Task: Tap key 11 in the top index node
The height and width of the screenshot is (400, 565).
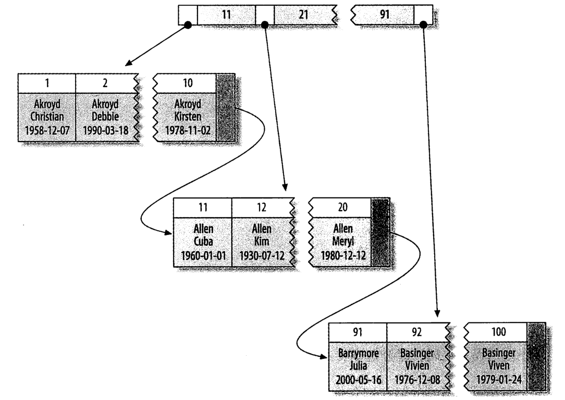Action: point(226,15)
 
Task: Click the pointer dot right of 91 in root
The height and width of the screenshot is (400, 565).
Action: point(423,24)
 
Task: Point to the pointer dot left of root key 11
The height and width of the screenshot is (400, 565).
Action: point(188,24)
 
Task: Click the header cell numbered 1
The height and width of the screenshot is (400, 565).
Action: point(47,83)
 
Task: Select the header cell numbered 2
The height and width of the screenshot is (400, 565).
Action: point(105,83)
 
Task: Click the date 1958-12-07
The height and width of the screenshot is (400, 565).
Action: point(47,129)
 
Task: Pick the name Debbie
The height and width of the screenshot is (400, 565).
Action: point(105,116)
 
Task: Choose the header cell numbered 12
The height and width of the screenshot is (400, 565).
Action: point(261,207)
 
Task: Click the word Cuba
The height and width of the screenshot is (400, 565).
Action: point(203,241)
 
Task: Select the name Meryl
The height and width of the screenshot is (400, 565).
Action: point(341,241)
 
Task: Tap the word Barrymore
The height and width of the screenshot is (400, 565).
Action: point(358,353)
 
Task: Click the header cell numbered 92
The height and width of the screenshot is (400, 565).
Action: point(415,332)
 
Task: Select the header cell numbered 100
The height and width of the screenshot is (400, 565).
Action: point(498,332)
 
